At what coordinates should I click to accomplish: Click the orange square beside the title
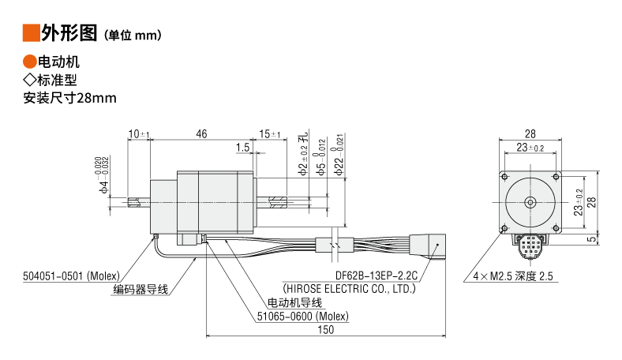click(x=32, y=33)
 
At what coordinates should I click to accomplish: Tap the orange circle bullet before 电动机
click(x=30, y=62)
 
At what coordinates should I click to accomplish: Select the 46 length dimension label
click(x=201, y=134)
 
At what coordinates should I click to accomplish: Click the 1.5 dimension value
click(x=243, y=148)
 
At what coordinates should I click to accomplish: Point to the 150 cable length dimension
click(x=326, y=330)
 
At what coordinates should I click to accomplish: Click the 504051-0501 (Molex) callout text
click(x=71, y=276)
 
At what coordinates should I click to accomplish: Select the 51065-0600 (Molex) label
click(x=302, y=317)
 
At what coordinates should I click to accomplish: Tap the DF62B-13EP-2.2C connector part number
click(x=377, y=276)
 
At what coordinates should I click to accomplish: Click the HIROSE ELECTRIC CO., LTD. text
click(x=349, y=289)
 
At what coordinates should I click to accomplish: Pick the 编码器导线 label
click(x=141, y=290)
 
